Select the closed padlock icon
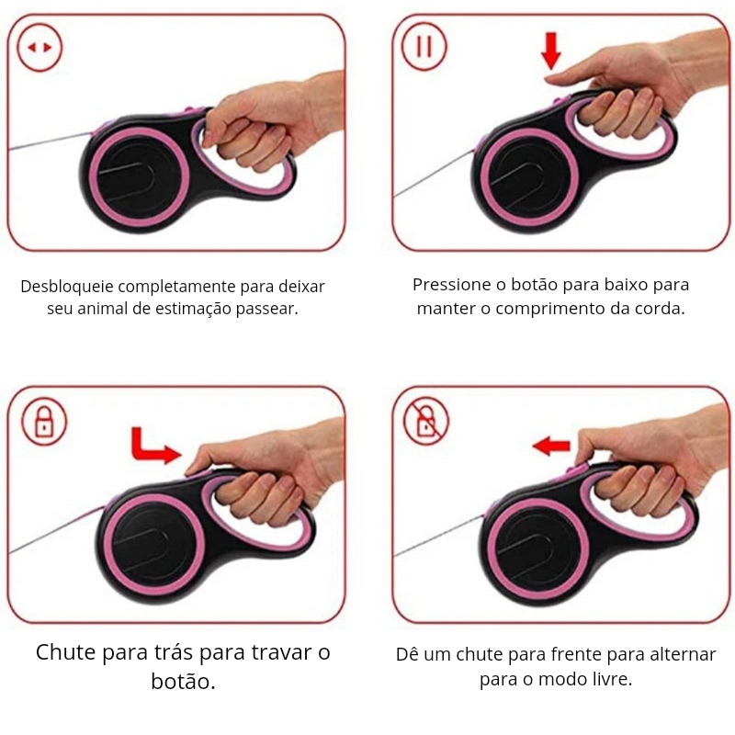click(x=44, y=422)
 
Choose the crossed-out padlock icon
click(x=426, y=422)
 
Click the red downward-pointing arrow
click(x=550, y=51)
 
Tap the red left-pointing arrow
click(x=551, y=446)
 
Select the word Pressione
click(x=451, y=285)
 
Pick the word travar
click(x=280, y=653)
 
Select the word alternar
click(x=680, y=655)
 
